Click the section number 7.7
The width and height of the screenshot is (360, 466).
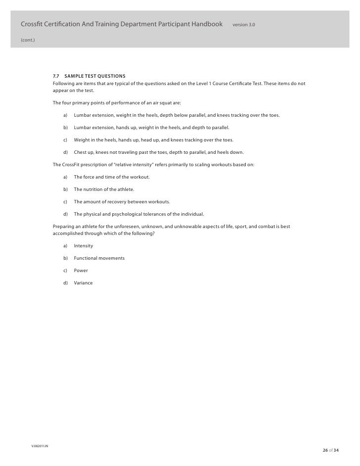click(56, 76)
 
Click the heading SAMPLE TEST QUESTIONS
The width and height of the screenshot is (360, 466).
click(95, 76)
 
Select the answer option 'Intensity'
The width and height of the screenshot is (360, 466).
click(83, 246)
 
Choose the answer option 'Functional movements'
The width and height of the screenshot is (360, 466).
click(99, 258)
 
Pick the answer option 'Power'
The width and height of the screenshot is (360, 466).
click(81, 271)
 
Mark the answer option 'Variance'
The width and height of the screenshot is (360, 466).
click(83, 283)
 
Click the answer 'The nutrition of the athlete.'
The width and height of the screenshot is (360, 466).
click(104, 189)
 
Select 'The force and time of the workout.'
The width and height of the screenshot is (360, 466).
click(112, 177)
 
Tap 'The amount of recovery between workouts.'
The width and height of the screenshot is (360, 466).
click(122, 202)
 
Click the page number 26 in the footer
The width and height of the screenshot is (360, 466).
click(325, 450)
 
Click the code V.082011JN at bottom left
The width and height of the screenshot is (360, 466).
click(40, 446)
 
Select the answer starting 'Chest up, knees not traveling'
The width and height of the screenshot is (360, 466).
click(158, 152)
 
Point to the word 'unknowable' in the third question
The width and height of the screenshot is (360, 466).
click(180, 227)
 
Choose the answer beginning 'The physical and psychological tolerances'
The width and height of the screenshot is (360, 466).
click(138, 214)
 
